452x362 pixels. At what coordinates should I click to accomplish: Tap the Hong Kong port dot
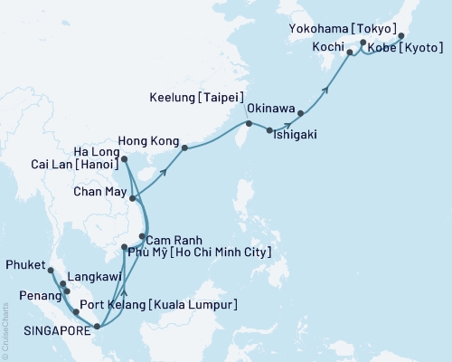(184, 148)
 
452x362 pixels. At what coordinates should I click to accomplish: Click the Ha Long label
(95, 149)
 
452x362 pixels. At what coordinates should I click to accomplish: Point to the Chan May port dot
(133, 198)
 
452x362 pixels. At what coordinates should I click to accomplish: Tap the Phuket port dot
(52, 271)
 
